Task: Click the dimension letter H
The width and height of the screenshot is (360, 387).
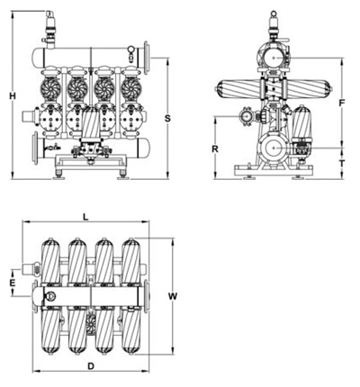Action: (x=13, y=96)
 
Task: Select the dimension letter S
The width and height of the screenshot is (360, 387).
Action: (x=167, y=118)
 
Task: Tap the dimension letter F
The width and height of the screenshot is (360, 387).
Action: (x=342, y=103)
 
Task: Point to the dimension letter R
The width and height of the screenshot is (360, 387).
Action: (x=215, y=148)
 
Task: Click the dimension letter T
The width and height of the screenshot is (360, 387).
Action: (x=342, y=164)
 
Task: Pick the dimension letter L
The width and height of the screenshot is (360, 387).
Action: (x=85, y=217)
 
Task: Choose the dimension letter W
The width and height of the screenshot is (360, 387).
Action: (x=173, y=296)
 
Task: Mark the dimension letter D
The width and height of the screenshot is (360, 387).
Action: (x=91, y=366)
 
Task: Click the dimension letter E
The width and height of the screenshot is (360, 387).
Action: (x=13, y=283)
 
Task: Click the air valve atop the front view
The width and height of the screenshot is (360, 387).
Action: (x=50, y=30)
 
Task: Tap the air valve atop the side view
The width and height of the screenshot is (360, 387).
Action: (x=274, y=26)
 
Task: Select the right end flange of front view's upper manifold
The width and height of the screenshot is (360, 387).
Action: (x=147, y=58)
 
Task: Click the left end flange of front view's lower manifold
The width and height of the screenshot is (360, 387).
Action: (x=36, y=148)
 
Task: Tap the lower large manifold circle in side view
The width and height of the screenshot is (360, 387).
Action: (x=274, y=148)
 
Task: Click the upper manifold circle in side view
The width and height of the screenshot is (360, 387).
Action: (x=274, y=58)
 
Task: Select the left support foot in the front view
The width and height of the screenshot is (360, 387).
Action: (x=58, y=175)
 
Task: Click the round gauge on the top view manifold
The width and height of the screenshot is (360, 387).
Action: (x=50, y=296)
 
